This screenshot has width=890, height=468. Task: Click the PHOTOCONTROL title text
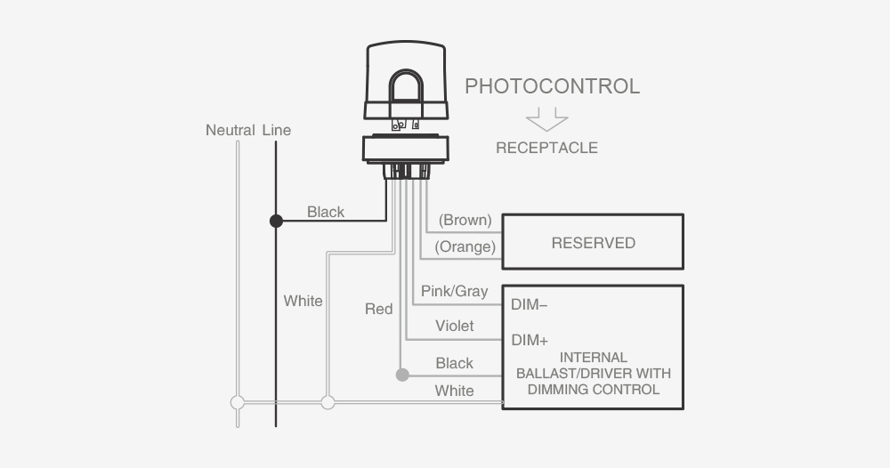pyautogui.click(x=552, y=86)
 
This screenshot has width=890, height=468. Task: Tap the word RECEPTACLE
pyautogui.click(x=546, y=148)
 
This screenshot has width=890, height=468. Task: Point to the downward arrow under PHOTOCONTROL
pyautogui.click(x=546, y=118)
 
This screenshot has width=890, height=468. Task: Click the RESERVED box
pyautogui.click(x=593, y=242)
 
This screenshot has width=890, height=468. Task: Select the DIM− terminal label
pyautogui.click(x=529, y=304)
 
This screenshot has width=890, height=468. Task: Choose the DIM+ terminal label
pyautogui.click(x=529, y=340)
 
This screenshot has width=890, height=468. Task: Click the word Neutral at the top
pyautogui.click(x=231, y=130)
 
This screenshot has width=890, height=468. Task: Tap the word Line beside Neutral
pyautogui.click(x=277, y=130)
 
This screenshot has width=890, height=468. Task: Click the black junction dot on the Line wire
pyautogui.click(x=276, y=221)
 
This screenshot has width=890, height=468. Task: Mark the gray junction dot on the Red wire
pyautogui.click(x=401, y=375)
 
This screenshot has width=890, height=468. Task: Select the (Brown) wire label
pyautogui.click(x=465, y=220)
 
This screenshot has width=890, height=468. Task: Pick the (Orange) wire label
pyautogui.click(x=465, y=246)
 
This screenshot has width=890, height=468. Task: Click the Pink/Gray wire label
pyautogui.click(x=454, y=292)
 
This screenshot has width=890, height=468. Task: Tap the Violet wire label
pyautogui.click(x=454, y=326)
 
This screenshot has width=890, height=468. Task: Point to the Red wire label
pyautogui.click(x=378, y=309)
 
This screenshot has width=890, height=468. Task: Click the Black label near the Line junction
pyautogui.click(x=326, y=212)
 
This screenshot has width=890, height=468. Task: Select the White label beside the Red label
pyautogui.click(x=303, y=301)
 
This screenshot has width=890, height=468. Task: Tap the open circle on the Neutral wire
pyautogui.click(x=237, y=402)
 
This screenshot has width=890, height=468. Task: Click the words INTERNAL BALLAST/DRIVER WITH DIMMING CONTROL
pyautogui.click(x=592, y=374)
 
